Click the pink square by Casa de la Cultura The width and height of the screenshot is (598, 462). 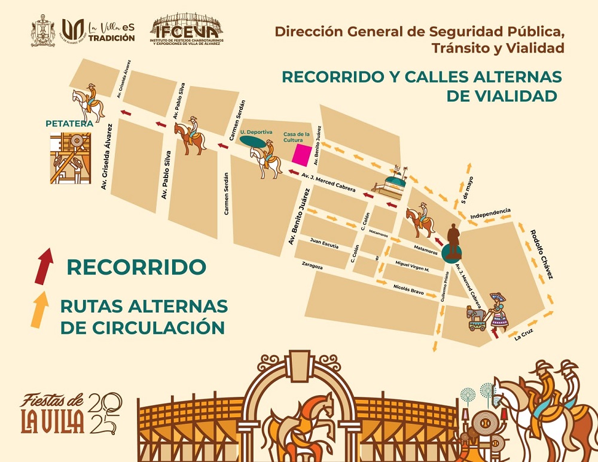point(301,155)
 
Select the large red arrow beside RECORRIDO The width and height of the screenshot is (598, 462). point(44,265)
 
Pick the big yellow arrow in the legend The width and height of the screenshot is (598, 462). point(39,309)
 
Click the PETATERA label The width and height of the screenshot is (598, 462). point(69,124)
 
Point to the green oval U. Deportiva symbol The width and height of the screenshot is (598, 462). point(256,141)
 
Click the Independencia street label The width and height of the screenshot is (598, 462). point(490,213)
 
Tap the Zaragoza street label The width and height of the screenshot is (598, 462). point(312,267)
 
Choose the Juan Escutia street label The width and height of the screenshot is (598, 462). point(324,243)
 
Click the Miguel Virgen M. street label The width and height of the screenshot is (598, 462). point(412,266)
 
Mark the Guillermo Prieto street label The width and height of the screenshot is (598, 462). point(444,290)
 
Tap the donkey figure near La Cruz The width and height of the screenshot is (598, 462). point(477,317)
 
